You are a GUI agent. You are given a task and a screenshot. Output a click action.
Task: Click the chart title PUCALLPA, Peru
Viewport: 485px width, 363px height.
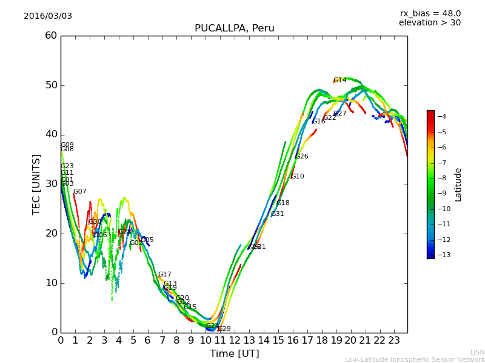(234, 28)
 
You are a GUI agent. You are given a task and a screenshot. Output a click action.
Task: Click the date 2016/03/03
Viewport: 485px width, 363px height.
(48, 16)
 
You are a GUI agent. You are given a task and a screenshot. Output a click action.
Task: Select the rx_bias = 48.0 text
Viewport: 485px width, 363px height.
(430, 14)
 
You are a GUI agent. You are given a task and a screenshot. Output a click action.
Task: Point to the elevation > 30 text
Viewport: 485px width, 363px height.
(429, 23)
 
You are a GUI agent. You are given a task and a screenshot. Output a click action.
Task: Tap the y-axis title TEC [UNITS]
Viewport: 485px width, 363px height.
(37, 184)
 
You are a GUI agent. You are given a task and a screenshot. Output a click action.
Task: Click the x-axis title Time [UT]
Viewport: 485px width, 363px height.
(234, 353)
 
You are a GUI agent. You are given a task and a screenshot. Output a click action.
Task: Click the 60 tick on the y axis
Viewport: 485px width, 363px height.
(51, 36)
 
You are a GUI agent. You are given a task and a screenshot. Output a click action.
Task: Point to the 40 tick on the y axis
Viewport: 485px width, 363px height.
(51, 134)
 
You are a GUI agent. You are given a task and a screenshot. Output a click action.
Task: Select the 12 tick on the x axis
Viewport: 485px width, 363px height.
(235, 341)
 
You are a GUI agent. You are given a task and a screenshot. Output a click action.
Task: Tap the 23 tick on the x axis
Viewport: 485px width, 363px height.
(394, 341)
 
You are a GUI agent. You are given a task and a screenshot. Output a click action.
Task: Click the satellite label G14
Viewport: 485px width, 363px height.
(339, 80)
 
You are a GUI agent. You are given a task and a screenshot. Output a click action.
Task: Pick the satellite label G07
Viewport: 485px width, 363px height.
(79, 192)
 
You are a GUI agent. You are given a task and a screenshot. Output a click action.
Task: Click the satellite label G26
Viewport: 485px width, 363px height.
(301, 157)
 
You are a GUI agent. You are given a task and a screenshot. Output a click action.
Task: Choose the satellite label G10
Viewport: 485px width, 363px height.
(297, 177)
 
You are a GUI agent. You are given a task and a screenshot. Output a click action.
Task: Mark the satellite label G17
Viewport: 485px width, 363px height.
(164, 275)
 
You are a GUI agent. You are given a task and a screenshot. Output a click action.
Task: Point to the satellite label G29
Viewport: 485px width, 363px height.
(224, 329)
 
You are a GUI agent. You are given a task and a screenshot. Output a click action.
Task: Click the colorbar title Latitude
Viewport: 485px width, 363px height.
(458, 185)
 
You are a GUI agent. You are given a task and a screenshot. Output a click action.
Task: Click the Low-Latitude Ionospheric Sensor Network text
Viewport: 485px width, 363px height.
(415, 359)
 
